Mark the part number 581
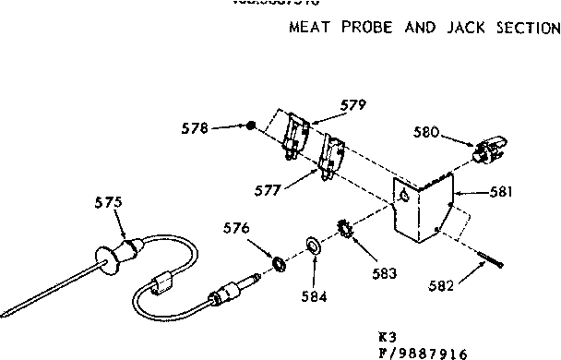click(500, 194)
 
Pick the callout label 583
click(385, 272)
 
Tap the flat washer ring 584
click(313, 246)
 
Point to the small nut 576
click(276, 266)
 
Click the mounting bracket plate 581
click(420, 208)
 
